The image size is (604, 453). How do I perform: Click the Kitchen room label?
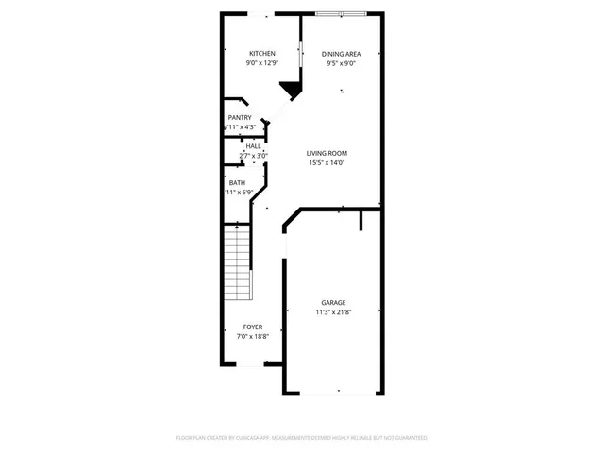[x=261, y=53]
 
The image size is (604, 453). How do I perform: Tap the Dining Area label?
[x=341, y=54]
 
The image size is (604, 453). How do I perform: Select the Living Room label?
[x=327, y=153]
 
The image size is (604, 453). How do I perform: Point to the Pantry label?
[x=240, y=117]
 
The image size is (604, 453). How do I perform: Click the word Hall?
[x=253, y=146]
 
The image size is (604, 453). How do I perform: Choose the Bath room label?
[x=237, y=182]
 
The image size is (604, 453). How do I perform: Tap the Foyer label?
[x=253, y=327]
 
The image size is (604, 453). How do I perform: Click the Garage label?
[x=333, y=302]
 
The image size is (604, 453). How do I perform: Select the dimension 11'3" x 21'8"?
[x=333, y=312]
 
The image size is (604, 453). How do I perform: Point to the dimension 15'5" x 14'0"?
[x=327, y=163]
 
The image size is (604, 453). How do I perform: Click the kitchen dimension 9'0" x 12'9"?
[x=261, y=63]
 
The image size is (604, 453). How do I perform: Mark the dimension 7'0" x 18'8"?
[x=253, y=337]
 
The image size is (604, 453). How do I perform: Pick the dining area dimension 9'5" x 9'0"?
[x=341, y=64]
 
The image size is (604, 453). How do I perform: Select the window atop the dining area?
[x=341, y=14]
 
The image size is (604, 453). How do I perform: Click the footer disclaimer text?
[x=302, y=438]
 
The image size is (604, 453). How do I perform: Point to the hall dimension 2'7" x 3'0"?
[x=253, y=156]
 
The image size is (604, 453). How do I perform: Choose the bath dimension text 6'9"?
[x=246, y=193]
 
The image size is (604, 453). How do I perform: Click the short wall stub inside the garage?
[x=361, y=221]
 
